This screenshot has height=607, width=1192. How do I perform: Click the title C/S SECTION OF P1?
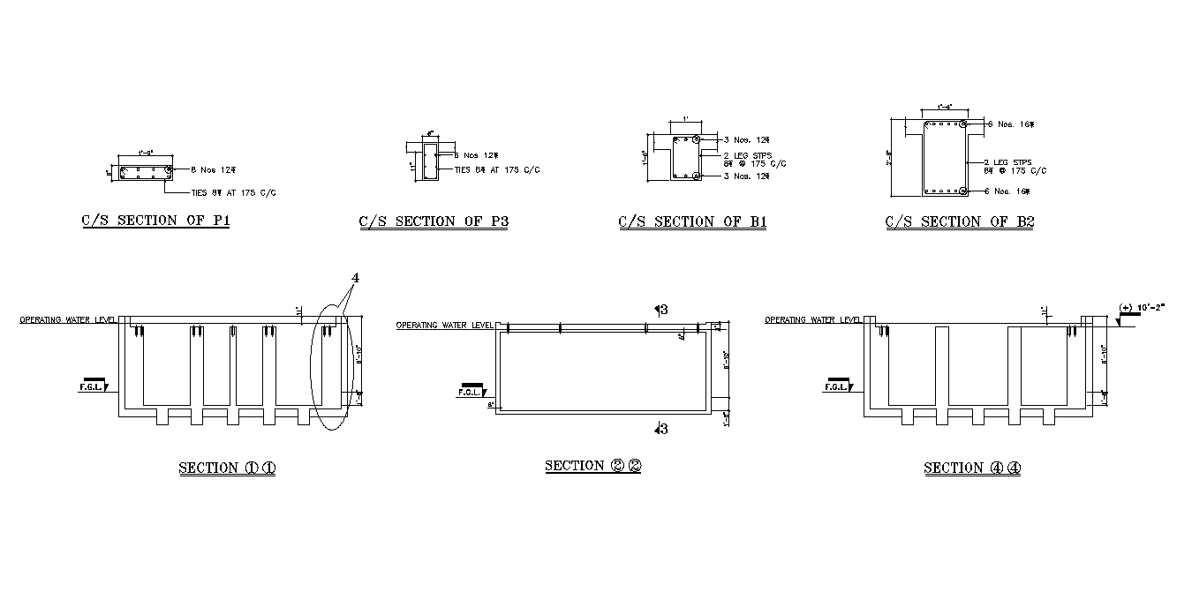coord(155,221)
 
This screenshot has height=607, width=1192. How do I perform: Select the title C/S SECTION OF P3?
coord(433,221)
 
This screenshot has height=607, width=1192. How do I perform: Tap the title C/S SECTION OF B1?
coord(692,221)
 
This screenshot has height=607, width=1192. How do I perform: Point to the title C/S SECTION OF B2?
coord(960,221)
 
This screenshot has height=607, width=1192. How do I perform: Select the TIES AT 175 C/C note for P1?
coord(238,192)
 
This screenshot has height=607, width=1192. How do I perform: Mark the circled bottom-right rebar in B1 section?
coord(697,176)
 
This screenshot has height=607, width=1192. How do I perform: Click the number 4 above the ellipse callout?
coord(355,277)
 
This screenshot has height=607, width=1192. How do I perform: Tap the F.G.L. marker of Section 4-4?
coord(835,386)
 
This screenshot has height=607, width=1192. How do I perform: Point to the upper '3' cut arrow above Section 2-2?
coord(660,309)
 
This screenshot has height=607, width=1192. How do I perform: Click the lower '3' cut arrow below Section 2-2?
coord(660,429)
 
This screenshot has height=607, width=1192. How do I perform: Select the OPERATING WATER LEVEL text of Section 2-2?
coord(444,325)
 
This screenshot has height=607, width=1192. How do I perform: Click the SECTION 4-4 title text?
coord(972,468)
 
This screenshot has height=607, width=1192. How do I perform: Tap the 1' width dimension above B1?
coord(684,119)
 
